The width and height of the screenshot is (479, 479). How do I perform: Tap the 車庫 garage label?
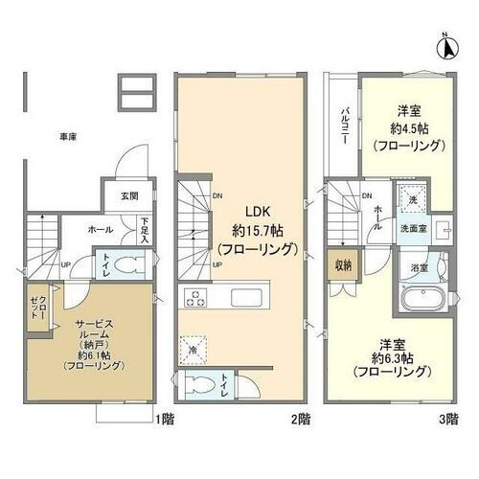tap(65, 136)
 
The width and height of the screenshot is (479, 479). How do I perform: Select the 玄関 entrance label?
tap(128, 196)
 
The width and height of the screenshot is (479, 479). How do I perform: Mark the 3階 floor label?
tap(450, 417)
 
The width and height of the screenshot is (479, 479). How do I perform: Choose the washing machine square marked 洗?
tap(412, 198)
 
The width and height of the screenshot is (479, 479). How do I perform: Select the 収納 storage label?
tap(341, 265)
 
